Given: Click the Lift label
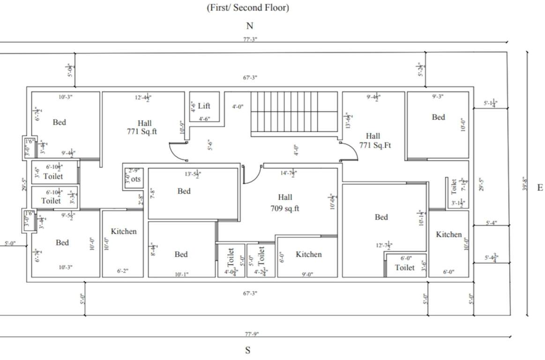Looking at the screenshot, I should pyautogui.click(x=204, y=105).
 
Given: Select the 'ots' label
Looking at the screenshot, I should pyautogui.click(x=135, y=179).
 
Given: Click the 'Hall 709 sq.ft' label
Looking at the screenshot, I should pyautogui.click(x=285, y=203).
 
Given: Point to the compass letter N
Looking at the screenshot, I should pyautogui.click(x=250, y=26).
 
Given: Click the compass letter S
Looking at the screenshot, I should pyautogui.click(x=248, y=350).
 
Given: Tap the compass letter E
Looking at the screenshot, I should pyautogui.click(x=539, y=187).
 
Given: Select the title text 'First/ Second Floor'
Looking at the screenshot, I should pyautogui.click(x=248, y=8).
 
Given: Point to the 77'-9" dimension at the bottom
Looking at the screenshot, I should pyautogui.click(x=250, y=334).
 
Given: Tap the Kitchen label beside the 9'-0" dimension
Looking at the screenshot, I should pyautogui.click(x=309, y=254).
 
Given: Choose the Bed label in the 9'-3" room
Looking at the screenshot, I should pyautogui.click(x=439, y=117).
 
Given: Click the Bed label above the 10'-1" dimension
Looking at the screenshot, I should pyautogui.click(x=181, y=254).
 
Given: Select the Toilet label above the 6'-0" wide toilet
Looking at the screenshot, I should pyautogui.click(x=404, y=268).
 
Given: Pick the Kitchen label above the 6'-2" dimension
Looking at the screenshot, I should pyautogui.click(x=124, y=231).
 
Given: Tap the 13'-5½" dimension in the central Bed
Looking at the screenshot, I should pyautogui.click(x=193, y=174).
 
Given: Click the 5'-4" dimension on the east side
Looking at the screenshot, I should pyautogui.click(x=492, y=223).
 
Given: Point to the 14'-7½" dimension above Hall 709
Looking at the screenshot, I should pyautogui.click(x=289, y=174).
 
